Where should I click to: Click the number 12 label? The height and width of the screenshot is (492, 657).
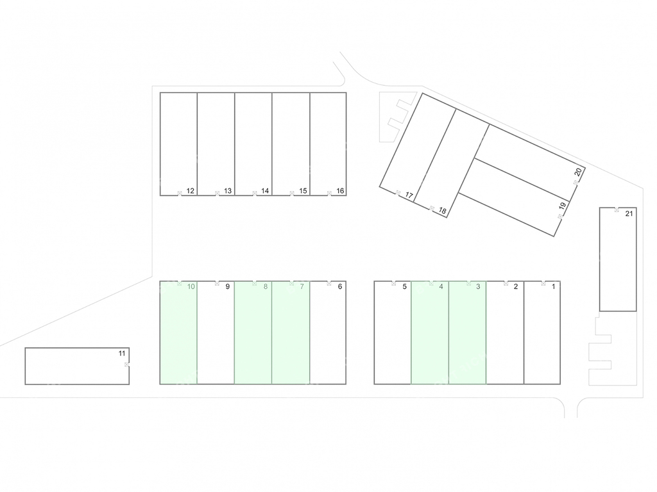[190, 191]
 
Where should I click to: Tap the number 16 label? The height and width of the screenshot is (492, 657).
[340, 191]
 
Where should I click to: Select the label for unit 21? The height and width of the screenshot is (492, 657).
[629, 214]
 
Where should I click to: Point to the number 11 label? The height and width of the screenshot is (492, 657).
[122, 354]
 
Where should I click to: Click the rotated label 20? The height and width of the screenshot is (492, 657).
[578, 172]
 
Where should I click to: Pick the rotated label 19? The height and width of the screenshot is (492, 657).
[563, 206]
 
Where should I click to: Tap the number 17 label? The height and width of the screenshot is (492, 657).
[409, 195]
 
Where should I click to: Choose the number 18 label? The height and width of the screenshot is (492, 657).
[443, 211]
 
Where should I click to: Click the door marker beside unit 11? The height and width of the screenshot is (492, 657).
[126, 365]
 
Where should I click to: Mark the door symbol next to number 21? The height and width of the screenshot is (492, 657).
[617, 209]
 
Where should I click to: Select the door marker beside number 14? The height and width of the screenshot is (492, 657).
[255, 193]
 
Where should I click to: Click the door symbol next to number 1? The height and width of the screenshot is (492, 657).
[543, 283]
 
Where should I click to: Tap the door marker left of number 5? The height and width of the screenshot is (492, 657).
[393, 283]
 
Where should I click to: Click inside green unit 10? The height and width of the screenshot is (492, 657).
[178, 332]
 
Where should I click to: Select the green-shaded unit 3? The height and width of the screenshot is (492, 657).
[468, 332]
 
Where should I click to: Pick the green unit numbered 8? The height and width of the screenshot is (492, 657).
[253, 332]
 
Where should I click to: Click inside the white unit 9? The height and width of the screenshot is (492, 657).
[216, 332]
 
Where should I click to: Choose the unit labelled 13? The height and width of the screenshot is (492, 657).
[216, 144]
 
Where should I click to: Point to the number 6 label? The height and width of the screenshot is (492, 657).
[340, 286]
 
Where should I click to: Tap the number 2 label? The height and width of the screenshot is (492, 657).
[516, 286]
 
